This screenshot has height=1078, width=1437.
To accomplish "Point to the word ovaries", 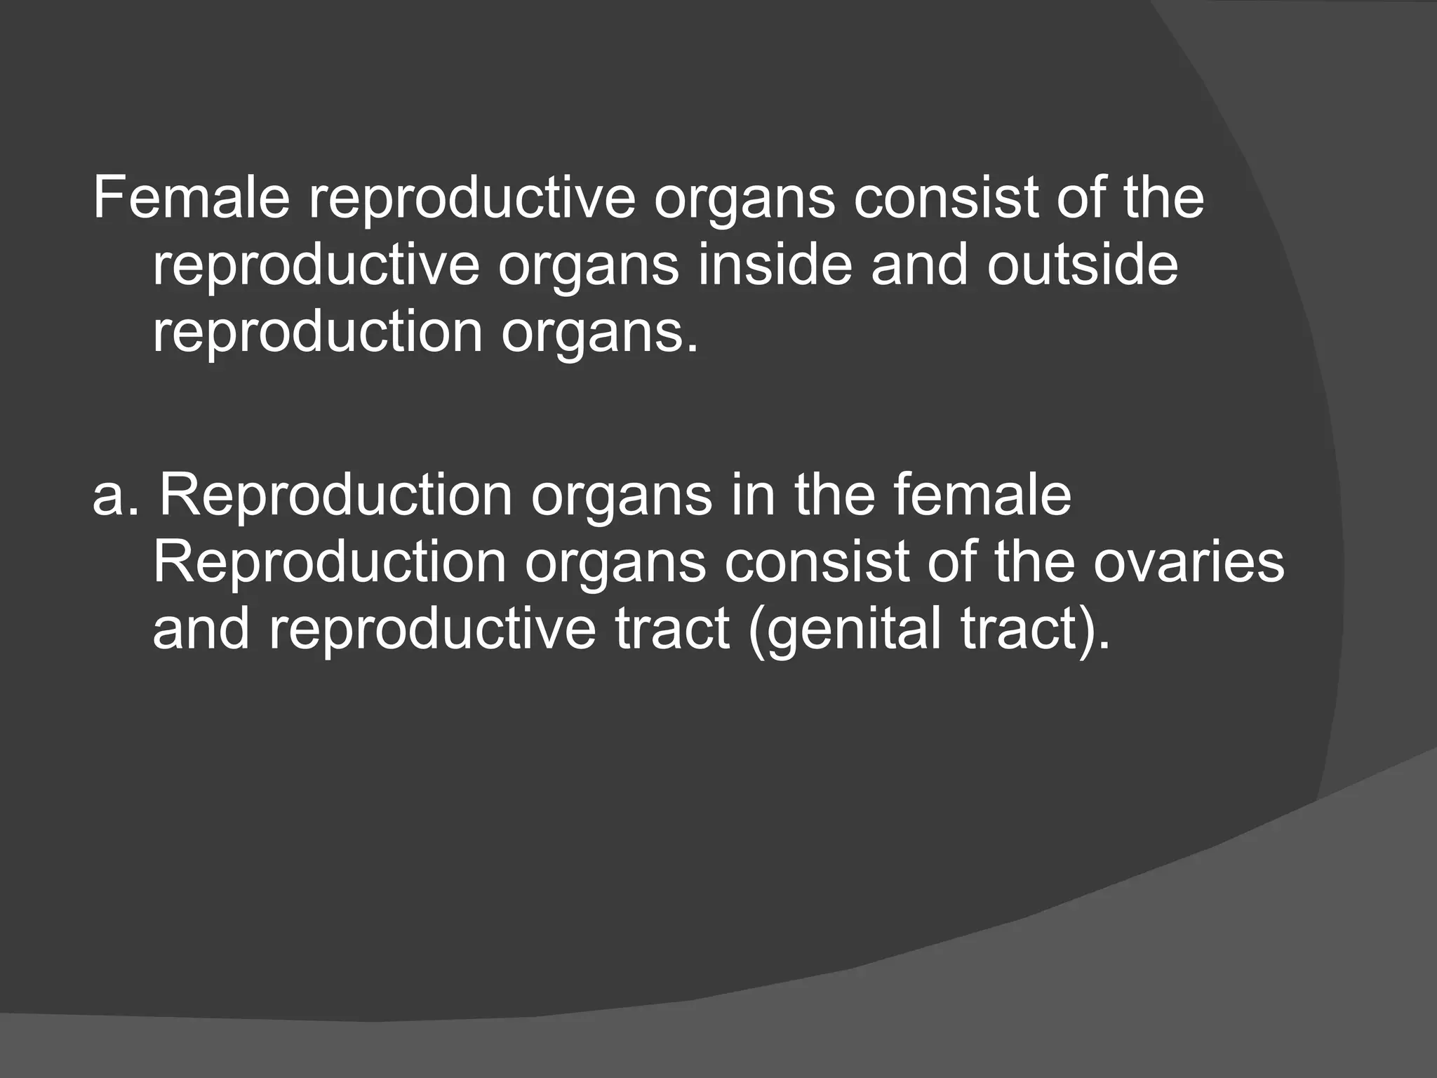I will coord(1189,563).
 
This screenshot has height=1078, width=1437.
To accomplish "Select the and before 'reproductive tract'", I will coord(201,630).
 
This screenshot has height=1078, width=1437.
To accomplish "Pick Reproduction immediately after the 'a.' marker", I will coord(336,496).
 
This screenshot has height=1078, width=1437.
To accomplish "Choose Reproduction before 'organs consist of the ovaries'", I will coord(329,563).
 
